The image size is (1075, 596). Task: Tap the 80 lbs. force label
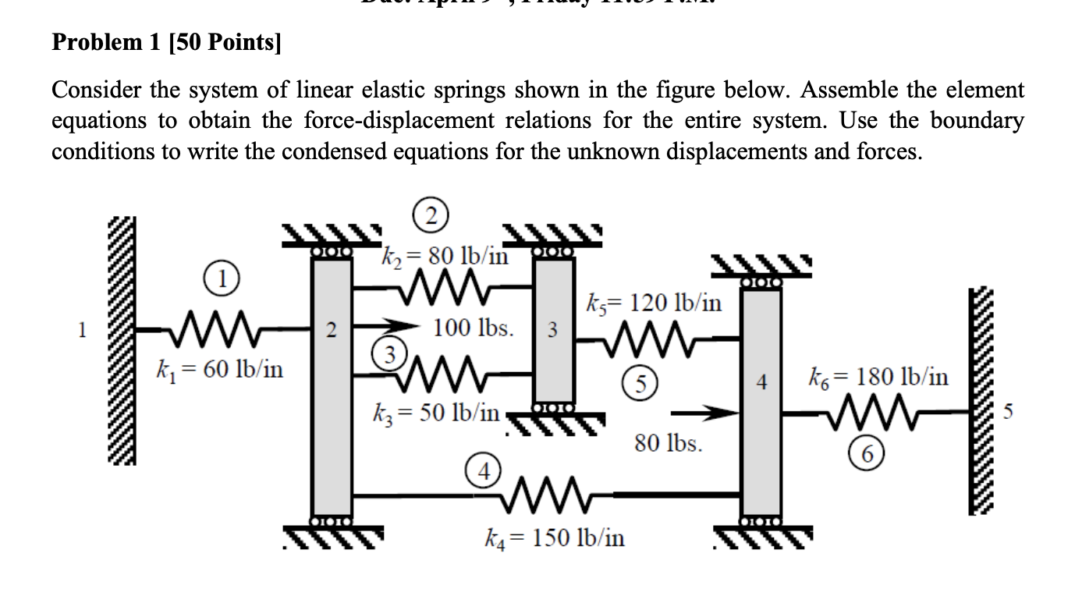(x=669, y=445)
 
